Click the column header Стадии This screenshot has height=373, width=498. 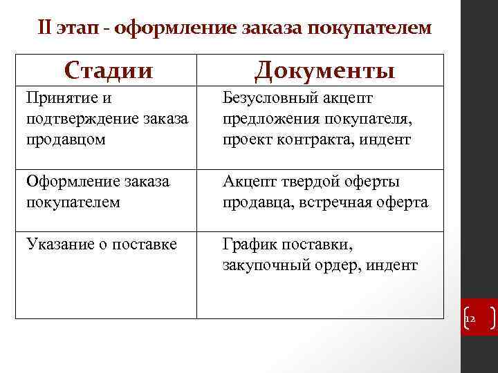click(108, 70)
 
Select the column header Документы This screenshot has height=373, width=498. click(324, 70)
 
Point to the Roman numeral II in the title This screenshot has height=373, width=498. click(45, 28)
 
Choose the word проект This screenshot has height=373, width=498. click(246, 139)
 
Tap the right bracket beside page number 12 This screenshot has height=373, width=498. click(490, 318)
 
